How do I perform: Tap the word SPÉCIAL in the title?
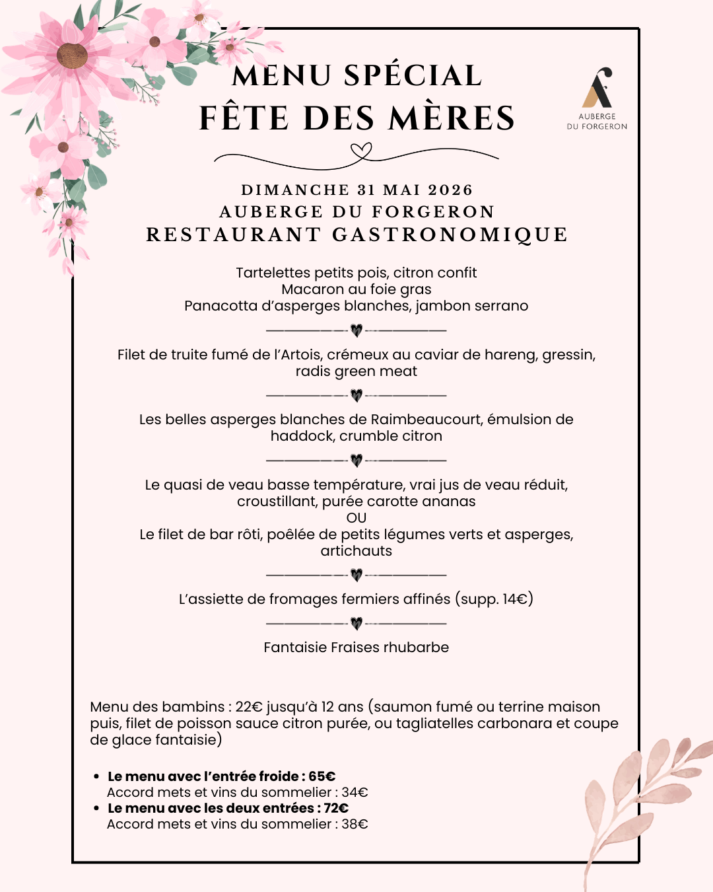413,76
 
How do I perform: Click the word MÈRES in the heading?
452,119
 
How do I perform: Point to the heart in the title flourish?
360,153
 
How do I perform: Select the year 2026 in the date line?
450,190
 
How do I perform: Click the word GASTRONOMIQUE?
450,235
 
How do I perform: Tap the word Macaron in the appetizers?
308,289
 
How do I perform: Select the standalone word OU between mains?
356,518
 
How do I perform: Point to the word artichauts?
356,551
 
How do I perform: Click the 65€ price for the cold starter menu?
322,776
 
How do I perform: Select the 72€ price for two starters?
336,808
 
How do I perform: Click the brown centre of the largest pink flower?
72,56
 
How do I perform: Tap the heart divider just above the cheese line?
356,575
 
